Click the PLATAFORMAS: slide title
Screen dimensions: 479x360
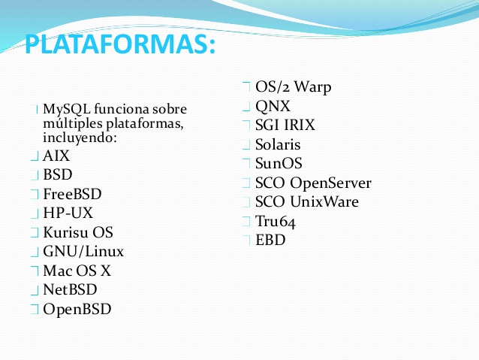tap(120, 44)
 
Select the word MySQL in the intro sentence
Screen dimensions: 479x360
tap(67, 110)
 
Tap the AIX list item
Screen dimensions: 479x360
tap(56, 156)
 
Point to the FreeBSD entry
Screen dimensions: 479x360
tap(72, 194)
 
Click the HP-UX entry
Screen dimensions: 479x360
tap(68, 213)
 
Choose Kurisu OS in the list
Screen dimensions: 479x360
tap(78, 232)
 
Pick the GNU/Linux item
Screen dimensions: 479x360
tap(83, 252)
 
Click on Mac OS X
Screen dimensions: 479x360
tap(77, 271)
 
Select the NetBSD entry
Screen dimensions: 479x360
tap(70, 289)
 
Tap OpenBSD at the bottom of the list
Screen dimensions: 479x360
tap(77, 309)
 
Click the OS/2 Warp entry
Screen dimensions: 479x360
tap(294, 87)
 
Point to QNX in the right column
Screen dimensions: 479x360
tap(273, 107)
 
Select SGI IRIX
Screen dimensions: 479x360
tap(285, 125)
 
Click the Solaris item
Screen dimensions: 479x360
tap(278, 144)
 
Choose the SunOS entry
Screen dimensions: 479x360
tap(279, 163)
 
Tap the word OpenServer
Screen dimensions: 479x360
tap(330, 183)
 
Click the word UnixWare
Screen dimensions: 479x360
tap(324, 202)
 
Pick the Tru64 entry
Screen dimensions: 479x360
tap(276, 222)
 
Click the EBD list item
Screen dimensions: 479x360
tap(270, 240)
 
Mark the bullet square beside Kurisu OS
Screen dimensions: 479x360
tap(35, 232)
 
